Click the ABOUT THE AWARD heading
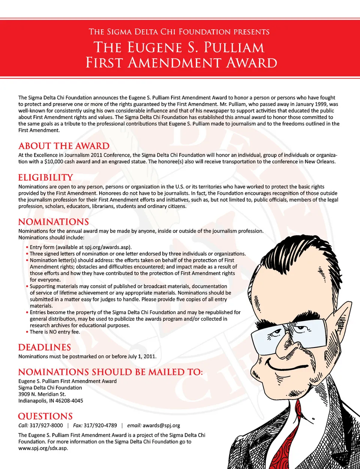point(64,146)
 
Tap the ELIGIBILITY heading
point(46,178)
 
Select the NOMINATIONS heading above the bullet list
point(54,222)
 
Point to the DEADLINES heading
point(45,348)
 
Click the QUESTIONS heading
point(45,417)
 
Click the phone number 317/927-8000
point(46,426)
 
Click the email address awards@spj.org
point(161,426)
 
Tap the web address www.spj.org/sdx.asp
point(43,448)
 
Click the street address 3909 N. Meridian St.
point(42,394)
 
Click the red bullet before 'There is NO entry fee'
point(27,332)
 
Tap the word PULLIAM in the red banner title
point(234,48)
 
